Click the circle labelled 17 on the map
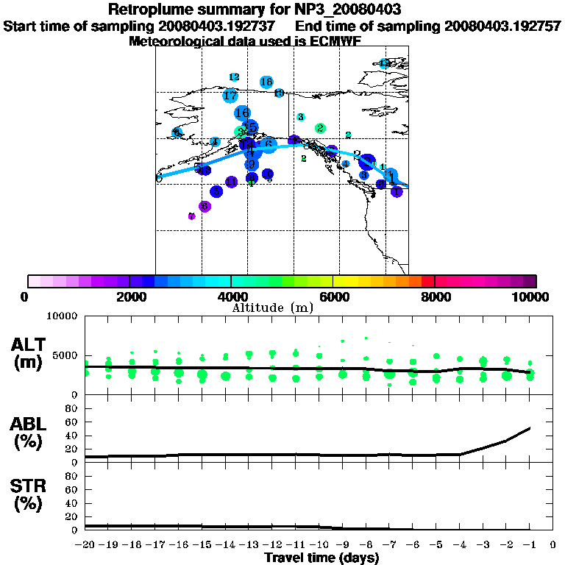click(x=230, y=96)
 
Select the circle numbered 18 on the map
click(x=266, y=82)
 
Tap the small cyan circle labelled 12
click(x=234, y=77)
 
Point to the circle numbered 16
click(x=242, y=113)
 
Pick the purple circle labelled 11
click(x=231, y=182)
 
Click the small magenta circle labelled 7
click(x=191, y=216)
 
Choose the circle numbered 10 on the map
click(x=279, y=93)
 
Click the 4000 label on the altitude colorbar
click(x=231, y=296)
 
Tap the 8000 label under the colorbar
click(x=435, y=296)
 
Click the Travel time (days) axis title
click(x=321, y=558)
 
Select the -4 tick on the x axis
click(x=459, y=545)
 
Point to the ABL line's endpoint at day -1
click(x=530, y=427)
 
